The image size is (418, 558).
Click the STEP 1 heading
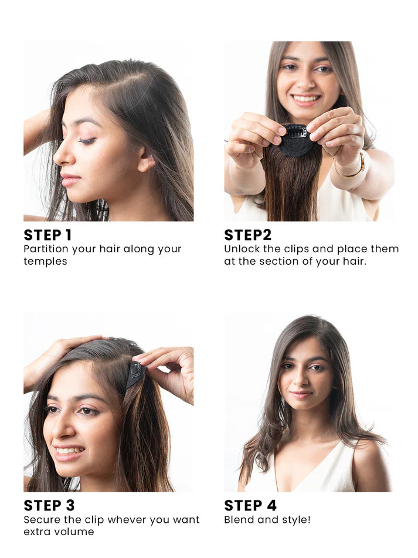point(47,235)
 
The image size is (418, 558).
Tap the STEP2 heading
point(247,235)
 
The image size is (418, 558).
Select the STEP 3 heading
point(49,505)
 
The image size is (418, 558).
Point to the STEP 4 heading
point(250,505)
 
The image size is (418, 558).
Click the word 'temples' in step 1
point(45,262)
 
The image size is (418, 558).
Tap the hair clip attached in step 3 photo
point(135,374)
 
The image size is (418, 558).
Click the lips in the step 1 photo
point(69,179)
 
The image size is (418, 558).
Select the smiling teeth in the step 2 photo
point(305,99)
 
